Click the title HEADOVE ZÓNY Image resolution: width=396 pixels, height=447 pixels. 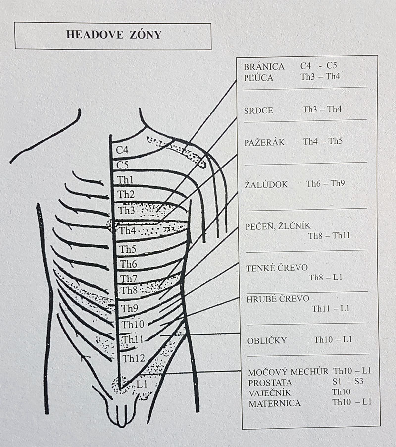114,35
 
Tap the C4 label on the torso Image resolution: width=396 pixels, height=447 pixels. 122,150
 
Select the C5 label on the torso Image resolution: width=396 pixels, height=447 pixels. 122,165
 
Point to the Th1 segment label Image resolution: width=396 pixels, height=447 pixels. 125,180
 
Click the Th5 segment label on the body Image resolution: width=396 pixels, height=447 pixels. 128,249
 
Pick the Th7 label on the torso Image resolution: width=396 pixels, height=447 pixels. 128,278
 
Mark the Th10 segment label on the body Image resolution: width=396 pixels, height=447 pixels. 133,324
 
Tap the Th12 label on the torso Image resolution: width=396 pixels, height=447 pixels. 134,358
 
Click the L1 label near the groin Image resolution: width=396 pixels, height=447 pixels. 142,384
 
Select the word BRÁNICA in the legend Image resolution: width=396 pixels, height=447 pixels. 264,67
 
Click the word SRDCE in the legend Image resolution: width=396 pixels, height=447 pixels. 258,111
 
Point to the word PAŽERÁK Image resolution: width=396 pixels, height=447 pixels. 264,142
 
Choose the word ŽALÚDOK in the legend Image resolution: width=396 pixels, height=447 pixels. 266,185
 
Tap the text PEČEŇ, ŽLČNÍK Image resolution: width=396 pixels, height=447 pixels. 278,226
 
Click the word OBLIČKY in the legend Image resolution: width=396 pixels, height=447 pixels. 267,341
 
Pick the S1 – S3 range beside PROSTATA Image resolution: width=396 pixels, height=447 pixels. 348,381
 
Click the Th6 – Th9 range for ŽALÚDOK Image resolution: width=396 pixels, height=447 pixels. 325,183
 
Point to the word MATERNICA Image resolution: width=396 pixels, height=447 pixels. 275,403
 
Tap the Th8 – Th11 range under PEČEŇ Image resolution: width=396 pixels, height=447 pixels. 329,236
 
